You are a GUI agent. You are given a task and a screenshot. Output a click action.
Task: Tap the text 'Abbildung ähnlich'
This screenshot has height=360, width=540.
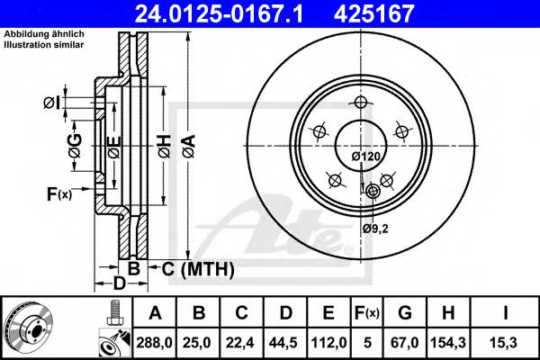coord(42,35)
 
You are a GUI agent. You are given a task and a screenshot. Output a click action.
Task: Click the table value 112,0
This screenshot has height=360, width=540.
coord(329,342)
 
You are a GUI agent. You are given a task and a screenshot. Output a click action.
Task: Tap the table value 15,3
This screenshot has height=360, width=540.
coord(507,342)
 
